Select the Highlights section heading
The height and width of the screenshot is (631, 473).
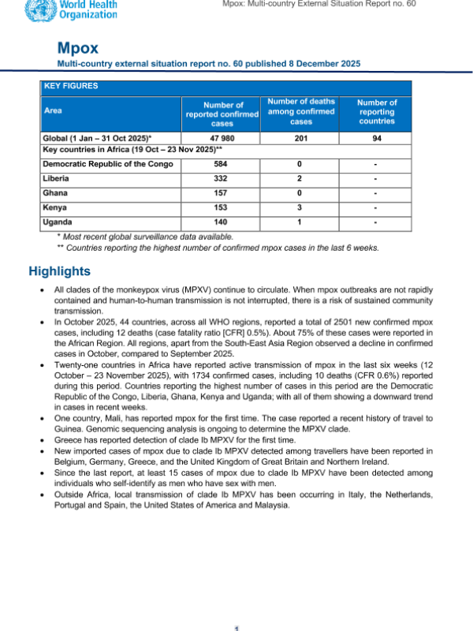(x=59, y=271)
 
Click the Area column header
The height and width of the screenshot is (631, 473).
(x=54, y=111)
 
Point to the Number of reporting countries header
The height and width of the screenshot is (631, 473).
(x=377, y=111)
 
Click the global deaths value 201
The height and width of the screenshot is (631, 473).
(x=301, y=138)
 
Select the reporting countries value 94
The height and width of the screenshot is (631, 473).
(x=377, y=138)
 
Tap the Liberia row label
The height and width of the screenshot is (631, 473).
(x=57, y=178)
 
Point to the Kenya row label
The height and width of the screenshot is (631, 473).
(x=54, y=207)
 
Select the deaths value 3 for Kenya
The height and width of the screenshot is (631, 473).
(x=301, y=207)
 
